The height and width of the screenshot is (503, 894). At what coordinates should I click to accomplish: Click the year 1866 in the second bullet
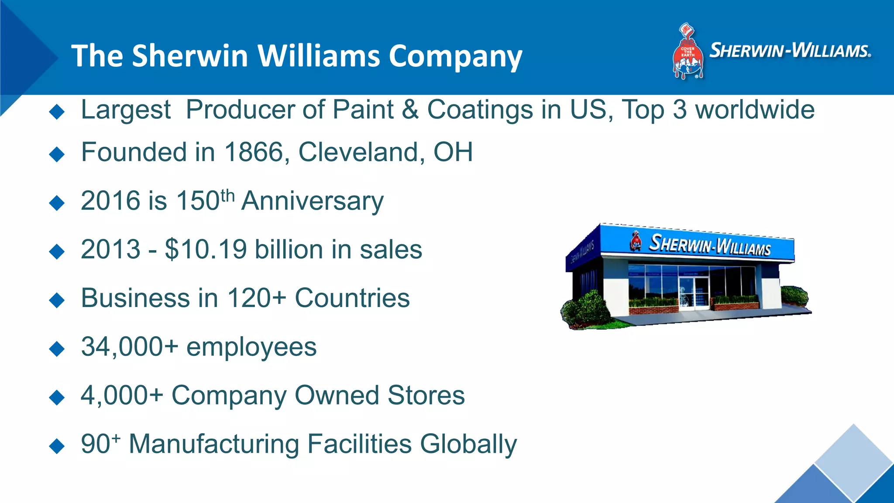coord(254,152)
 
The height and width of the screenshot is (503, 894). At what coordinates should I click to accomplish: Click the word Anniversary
coord(312,201)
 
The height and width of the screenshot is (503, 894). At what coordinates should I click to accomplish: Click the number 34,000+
coord(130,347)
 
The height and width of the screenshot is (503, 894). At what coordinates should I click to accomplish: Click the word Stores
coord(426,396)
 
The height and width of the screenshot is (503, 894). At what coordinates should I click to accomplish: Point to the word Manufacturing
coord(214,444)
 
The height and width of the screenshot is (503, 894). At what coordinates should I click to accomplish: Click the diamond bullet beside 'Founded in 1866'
coord(57,154)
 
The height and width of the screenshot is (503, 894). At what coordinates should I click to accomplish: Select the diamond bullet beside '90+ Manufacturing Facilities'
coord(57,446)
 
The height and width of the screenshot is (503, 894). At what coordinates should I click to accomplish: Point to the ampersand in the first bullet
coord(410,110)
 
